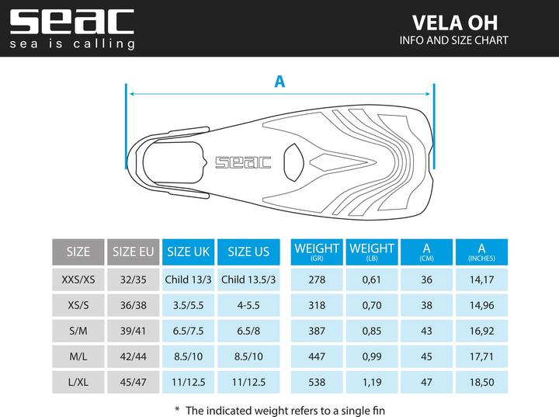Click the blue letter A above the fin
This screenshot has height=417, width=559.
coord(279,80)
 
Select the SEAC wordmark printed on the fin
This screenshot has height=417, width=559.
coord(243,162)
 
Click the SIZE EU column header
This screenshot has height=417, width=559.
coord(134,252)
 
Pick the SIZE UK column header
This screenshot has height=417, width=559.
coord(189,252)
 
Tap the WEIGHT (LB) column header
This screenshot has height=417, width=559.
coord(371,252)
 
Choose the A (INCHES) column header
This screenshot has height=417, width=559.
coord(481,252)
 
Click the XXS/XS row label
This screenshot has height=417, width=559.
coord(78,280)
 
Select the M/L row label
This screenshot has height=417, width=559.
coord(78,356)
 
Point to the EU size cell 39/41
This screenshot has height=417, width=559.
coord(134,331)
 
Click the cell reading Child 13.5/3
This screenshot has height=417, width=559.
coord(250,280)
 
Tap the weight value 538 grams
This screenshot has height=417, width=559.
coord(316,382)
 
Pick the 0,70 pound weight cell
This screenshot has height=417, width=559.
coord(371,305)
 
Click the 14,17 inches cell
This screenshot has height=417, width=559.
coord(481,280)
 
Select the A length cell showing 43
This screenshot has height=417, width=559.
coord(426,331)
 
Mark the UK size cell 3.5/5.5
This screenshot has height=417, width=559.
coord(189,305)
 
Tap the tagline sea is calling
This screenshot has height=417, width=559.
coord(72,43)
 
